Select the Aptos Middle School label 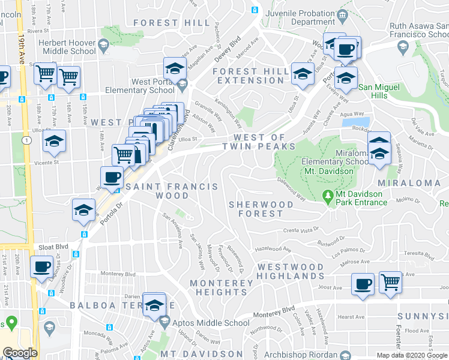pos(211,323)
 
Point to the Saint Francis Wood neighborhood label pos(172,191)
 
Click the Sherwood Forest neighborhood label pos(261,209)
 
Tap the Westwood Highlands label pos(291,271)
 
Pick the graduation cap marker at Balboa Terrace pos(154,305)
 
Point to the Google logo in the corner pos(20,353)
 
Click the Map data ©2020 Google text pos(411,355)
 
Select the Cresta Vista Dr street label pos(300,230)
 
